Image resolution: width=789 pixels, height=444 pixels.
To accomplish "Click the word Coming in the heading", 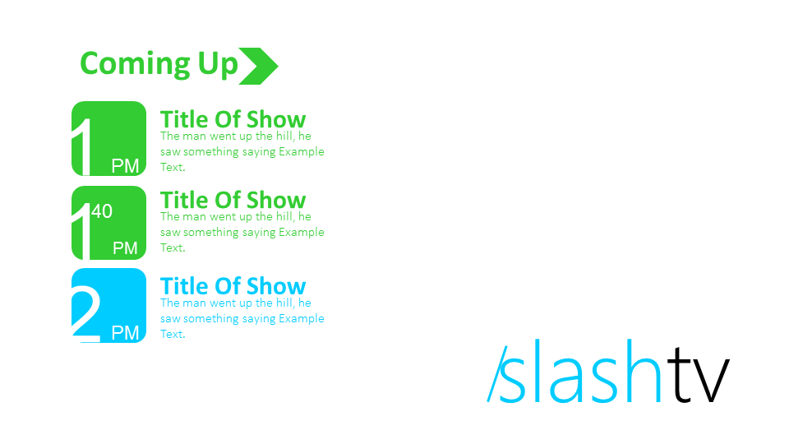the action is [x=135, y=64].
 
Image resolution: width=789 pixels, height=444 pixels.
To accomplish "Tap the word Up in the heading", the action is [x=217, y=64].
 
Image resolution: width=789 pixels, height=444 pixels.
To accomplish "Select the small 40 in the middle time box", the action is [x=102, y=211].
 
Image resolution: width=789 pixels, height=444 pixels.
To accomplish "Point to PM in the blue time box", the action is [x=125, y=333].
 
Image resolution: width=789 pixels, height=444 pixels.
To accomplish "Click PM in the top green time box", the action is [x=125, y=165].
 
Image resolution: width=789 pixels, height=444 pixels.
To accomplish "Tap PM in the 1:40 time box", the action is [x=125, y=247].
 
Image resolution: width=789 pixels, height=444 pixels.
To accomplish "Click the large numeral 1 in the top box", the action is [x=82, y=147].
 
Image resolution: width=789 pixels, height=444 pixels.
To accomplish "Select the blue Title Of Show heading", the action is [x=233, y=286].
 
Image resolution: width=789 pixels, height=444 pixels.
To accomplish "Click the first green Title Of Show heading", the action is [x=233, y=120].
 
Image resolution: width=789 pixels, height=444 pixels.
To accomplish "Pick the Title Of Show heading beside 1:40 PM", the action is [x=233, y=201].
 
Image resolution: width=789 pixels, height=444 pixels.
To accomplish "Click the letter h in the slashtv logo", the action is [x=641, y=371].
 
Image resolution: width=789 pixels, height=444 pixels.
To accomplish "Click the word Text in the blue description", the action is [x=171, y=334].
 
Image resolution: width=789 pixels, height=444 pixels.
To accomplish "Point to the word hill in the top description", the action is [x=284, y=136].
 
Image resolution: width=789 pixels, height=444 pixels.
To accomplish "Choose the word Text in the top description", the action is [x=171, y=167].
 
